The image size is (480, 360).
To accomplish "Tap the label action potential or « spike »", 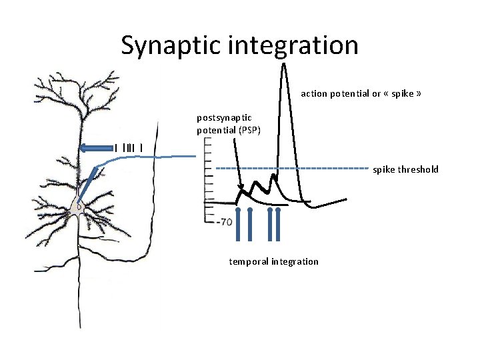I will click(361, 93).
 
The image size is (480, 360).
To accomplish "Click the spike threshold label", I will click(405, 169).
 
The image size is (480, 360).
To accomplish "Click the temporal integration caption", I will click(274, 261).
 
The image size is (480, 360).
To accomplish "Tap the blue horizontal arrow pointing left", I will click(93, 148).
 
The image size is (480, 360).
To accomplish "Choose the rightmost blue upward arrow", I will click(277, 223).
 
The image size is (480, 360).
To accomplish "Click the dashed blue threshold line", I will click(293, 167).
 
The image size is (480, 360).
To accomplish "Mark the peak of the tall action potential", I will click(285, 65).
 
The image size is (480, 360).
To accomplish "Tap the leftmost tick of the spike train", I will click(116, 147).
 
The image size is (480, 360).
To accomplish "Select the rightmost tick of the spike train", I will click(141, 147).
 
